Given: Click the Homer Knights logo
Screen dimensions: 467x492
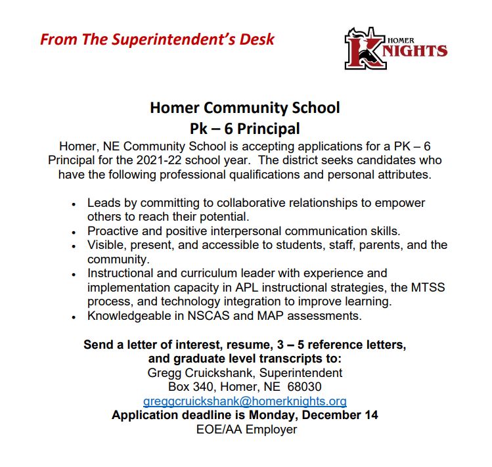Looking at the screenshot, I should point(395,48).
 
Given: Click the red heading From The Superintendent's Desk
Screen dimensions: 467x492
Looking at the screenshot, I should point(157,39).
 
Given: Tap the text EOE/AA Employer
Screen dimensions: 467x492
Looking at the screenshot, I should point(246,430).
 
